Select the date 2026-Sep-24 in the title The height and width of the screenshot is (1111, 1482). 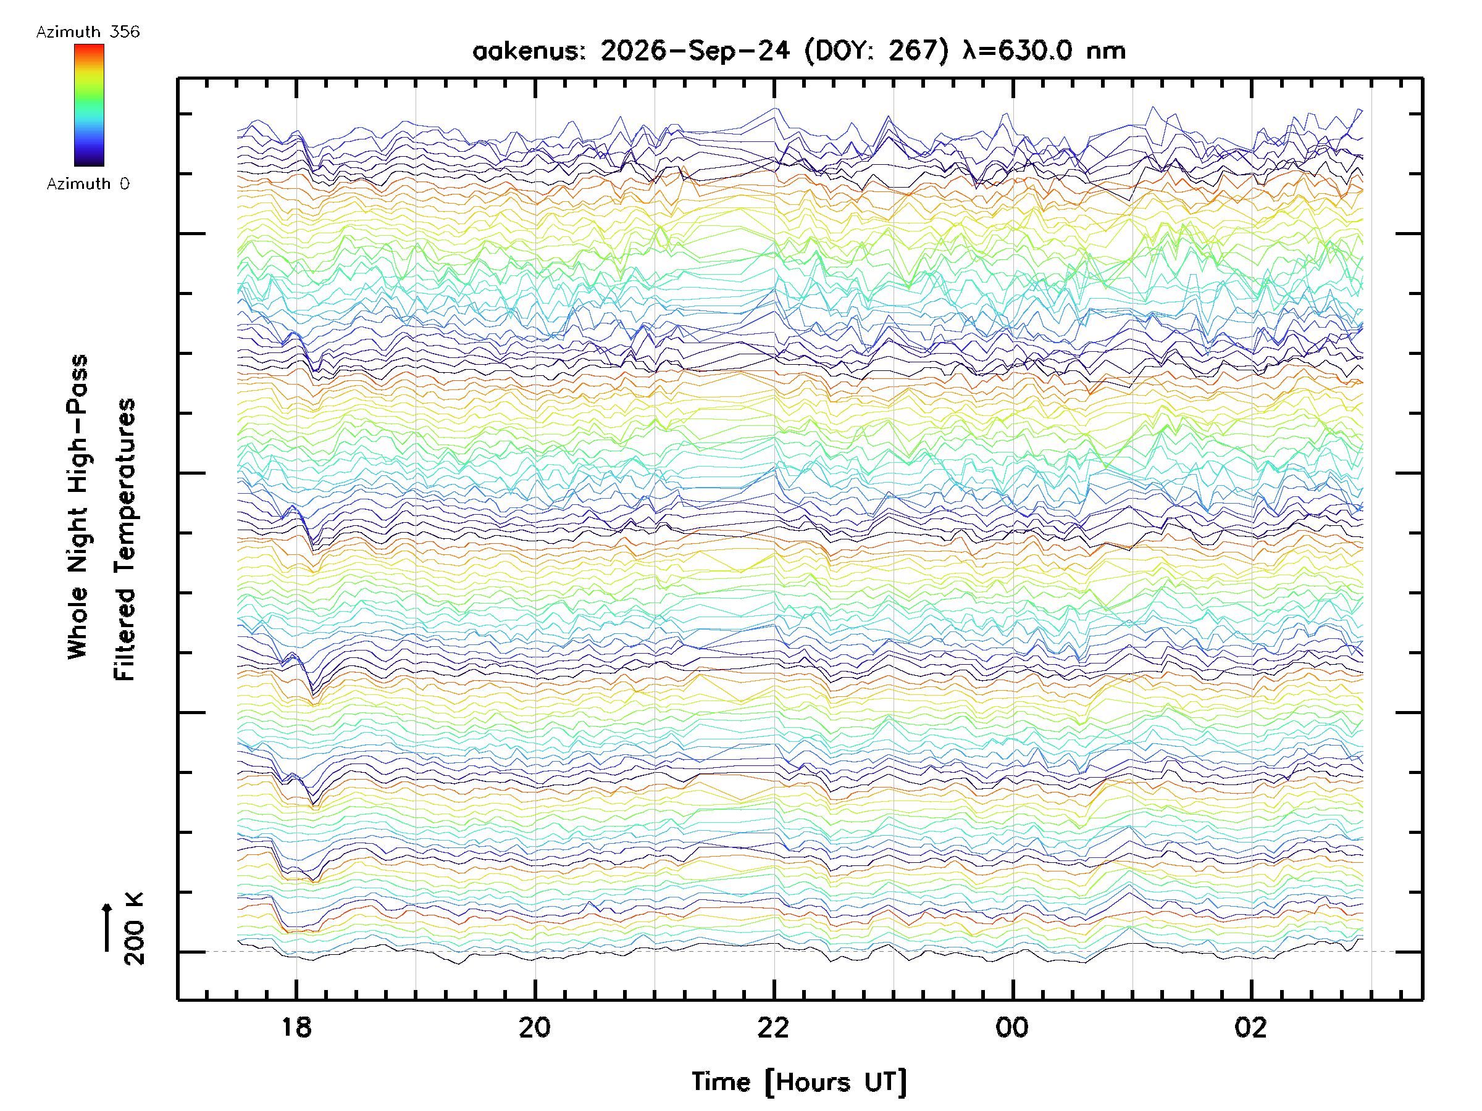click(695, 50)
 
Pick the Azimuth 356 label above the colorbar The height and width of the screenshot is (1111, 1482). click(88, 31)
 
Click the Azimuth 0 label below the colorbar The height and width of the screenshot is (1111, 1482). click(88, 183)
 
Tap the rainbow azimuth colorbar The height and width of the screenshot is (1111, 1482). click(89, 105)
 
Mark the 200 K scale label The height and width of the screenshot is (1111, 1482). click(134, 929)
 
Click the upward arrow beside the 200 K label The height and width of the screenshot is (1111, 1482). click(107, 928)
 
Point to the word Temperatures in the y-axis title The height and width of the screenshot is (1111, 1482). click(125, 487)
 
